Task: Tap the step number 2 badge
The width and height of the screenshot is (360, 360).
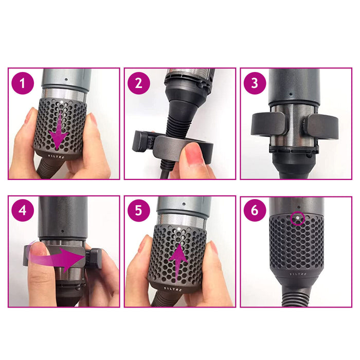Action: [x=139, y=83]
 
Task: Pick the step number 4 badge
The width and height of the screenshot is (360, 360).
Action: [x=23, y=210]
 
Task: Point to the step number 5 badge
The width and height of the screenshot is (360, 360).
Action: [x=139, y=210]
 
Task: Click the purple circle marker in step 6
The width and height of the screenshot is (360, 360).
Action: [x=296, y=219]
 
